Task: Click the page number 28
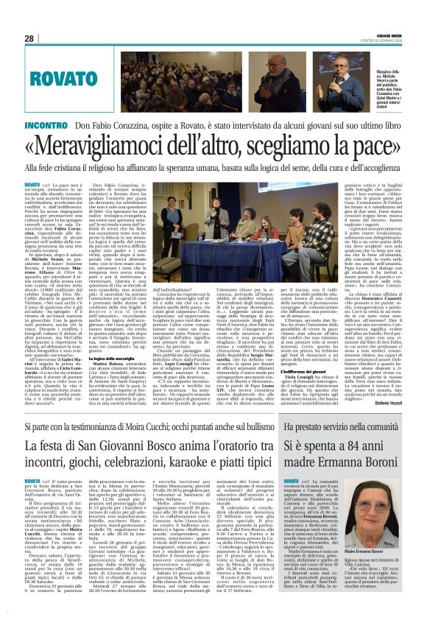[x=29, y=38]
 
